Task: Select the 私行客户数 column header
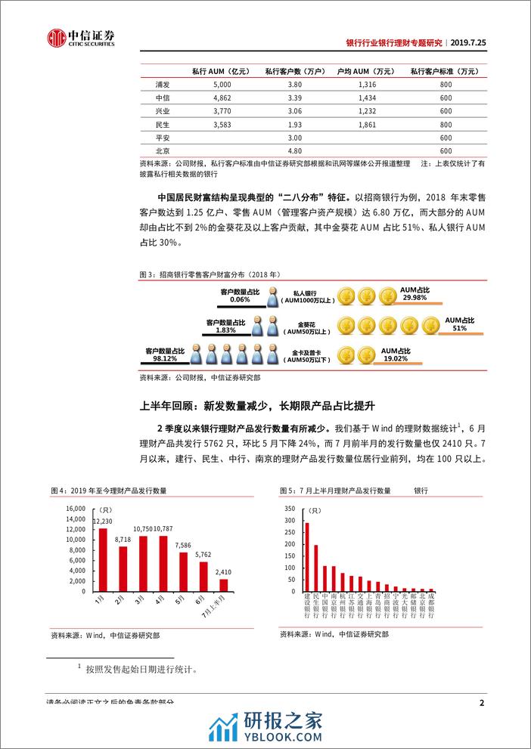tap(284, 72)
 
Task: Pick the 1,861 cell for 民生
tap(368, 124)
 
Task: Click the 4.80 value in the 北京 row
tap(285, 151)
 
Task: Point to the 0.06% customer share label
tap(241, 300)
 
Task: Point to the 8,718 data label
tap(123, 540)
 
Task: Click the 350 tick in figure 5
tap(289, 508)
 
